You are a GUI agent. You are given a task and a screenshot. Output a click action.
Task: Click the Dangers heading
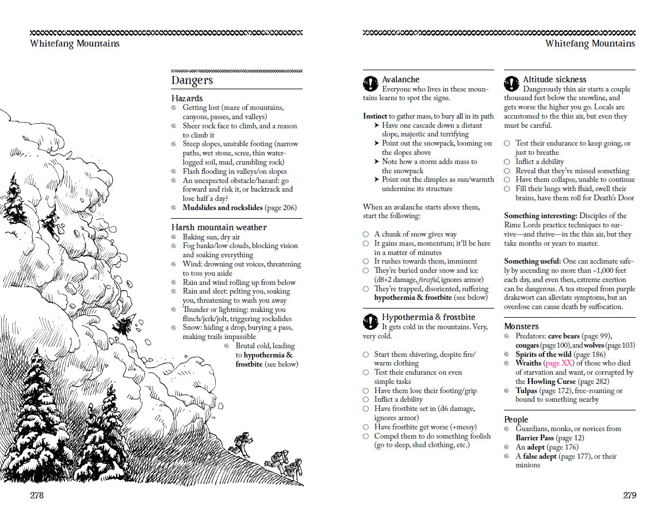point(192,81)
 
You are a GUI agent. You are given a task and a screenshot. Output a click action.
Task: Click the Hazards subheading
point(187,98)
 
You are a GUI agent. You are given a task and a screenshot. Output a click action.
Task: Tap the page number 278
point(36,495)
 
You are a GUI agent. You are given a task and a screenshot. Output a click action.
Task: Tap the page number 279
point(629,495)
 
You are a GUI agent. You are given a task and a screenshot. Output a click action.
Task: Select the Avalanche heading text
point(401,79)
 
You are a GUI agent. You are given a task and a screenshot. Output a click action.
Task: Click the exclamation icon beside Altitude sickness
point(511,83)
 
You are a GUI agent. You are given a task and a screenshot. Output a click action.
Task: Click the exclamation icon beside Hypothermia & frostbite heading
point(370,321)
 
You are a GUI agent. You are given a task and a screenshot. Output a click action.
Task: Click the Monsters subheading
point(521,326)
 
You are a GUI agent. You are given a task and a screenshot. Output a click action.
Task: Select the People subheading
point(516,419)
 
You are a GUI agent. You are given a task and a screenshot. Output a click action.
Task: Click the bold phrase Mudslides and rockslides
point(223,208)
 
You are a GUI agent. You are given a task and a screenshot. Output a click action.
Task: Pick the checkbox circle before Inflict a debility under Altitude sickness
point(507,162)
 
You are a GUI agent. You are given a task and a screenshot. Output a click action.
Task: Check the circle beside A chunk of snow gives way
point(366,234)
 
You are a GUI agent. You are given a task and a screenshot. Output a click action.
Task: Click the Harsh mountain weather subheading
point(219,227)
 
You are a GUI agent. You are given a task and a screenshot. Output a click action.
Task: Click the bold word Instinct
point(375,116)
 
